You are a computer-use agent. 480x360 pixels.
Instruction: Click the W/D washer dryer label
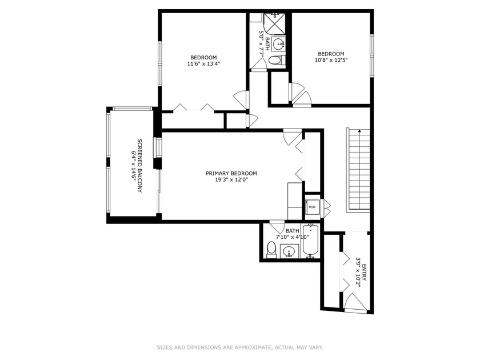(312, 207)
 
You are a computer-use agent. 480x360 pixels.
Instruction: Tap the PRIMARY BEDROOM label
(231, 173)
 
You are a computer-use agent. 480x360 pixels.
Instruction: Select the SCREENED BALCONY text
(139, 166)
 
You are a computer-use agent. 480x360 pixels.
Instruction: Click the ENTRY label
(364, 273)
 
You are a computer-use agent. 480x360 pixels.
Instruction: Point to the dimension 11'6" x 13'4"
(203, 64)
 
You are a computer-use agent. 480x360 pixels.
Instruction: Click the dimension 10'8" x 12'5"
(331, 60)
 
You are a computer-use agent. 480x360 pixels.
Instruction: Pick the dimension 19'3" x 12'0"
(231, 180)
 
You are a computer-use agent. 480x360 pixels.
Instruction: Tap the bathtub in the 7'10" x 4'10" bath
(311, 241)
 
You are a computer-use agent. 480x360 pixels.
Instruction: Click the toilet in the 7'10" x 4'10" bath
(271, 250)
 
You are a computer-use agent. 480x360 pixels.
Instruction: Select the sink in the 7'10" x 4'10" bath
(289, 251)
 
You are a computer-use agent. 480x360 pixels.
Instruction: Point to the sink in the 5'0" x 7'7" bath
(279, 45)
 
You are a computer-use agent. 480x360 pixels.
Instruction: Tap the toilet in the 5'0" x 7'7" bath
(277, 60)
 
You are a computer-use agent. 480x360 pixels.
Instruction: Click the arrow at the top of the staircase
(359, 131)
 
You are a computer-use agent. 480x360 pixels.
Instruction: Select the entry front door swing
(355, 302)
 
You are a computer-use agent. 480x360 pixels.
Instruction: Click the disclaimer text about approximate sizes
(240, 347)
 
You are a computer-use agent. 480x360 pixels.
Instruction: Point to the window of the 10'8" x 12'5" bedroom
(372, 55)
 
